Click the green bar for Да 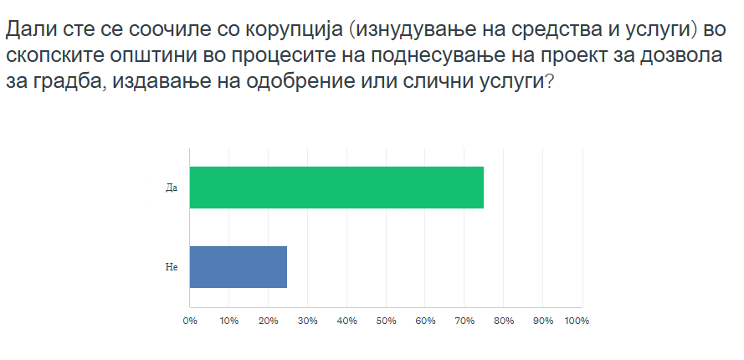(336, 188)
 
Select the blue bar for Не (239, 267)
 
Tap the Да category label (172, 188)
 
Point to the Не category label (172, 267)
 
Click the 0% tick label (190, 321)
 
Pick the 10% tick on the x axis (229, 321)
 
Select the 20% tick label (269, 321)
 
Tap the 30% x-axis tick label (307, 321)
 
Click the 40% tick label (346, 321)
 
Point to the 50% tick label (387, 321)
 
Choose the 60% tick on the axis (426, 321)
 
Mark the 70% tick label (464, 321)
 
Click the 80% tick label (504, 321)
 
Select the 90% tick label (543, 321)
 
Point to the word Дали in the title (30, 30)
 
